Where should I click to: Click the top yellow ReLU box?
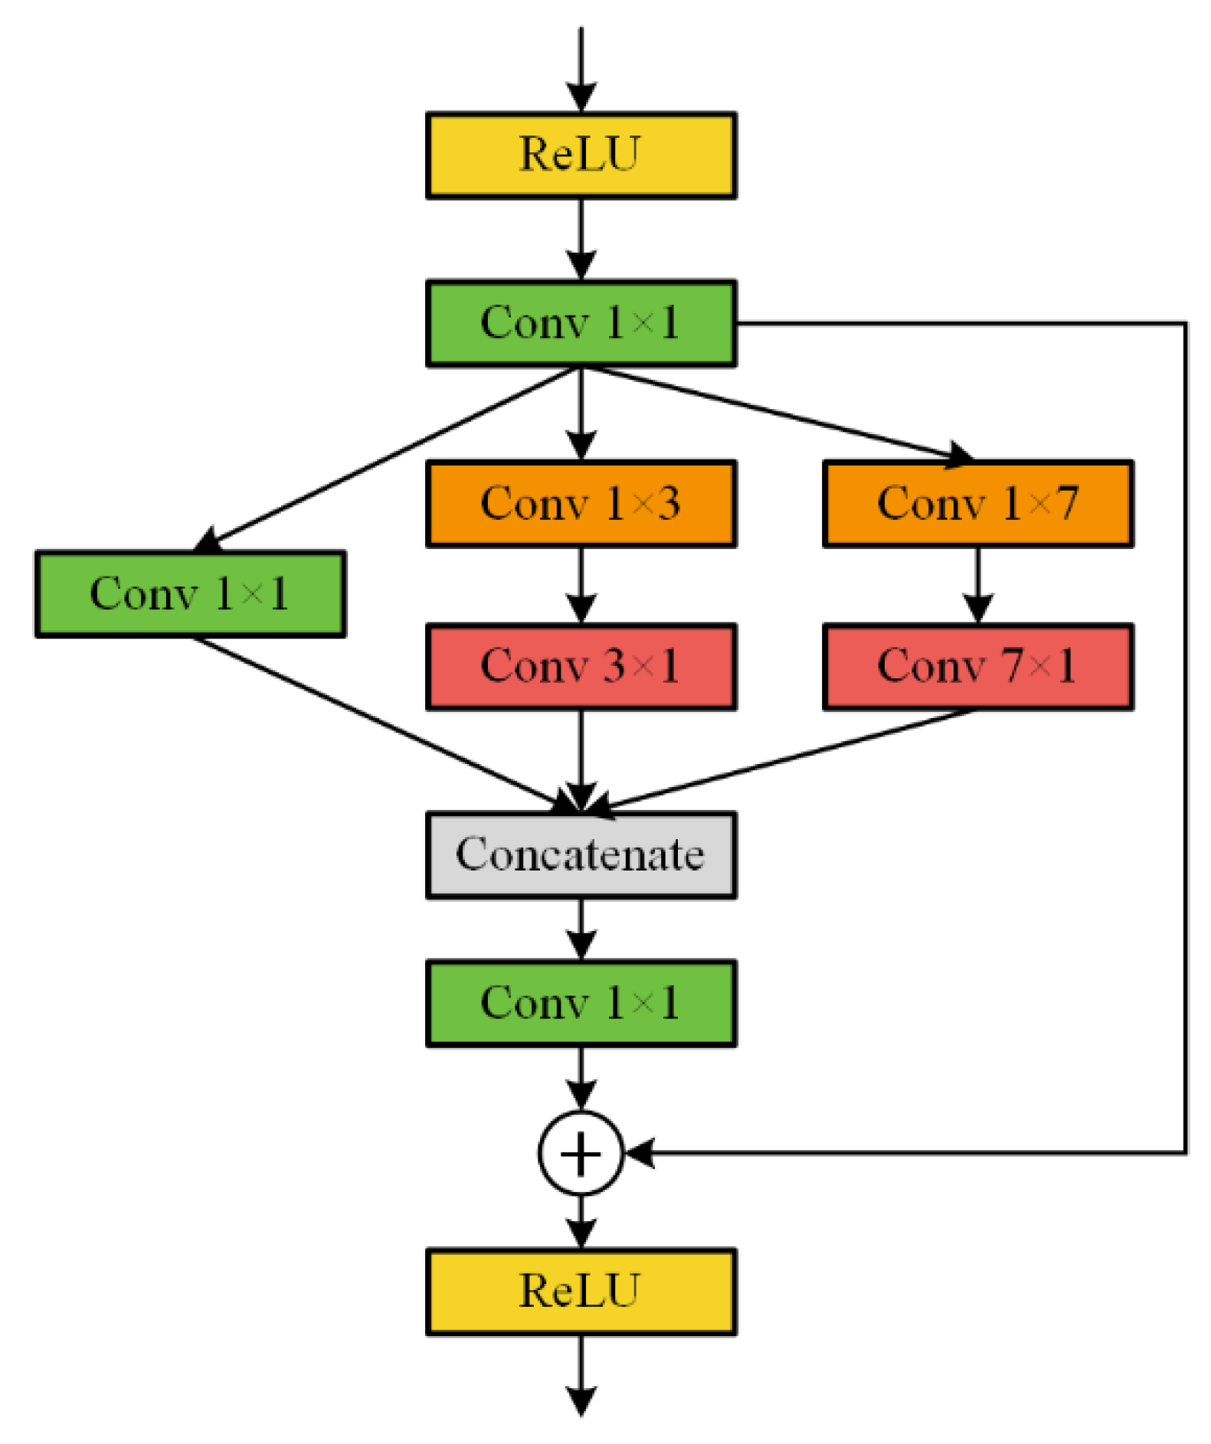[580, 155]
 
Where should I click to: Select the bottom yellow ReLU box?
[580, 1291]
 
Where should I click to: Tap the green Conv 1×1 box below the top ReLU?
[580, 323]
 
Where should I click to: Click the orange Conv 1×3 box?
[580, 503]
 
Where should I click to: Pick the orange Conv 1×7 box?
[977, 503]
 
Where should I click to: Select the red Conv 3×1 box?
[580, 666]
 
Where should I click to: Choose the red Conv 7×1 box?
[977, 666]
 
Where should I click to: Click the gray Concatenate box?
[580, 854]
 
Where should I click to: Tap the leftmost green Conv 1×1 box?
[190, 593]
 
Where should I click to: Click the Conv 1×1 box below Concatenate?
[580, 1002]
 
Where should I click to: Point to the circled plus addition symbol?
[580, 1152]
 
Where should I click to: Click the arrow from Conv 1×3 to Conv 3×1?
[581, 586]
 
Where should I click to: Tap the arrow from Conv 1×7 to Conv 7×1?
[977, 586]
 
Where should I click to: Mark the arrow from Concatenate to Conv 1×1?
[581, 929]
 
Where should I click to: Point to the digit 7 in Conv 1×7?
[1066, 503]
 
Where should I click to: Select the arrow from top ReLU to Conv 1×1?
[581, 240]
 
